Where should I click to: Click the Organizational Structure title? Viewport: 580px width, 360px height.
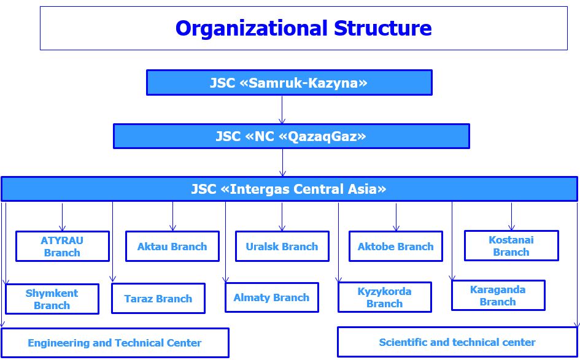[303, 28]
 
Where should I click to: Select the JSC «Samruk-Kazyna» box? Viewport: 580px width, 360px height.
[289, 82]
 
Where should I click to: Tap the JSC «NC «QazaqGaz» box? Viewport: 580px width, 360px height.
[291, 136]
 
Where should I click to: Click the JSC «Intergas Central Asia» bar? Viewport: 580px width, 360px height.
[289, 189]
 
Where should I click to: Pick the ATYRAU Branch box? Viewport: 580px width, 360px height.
[63, 246]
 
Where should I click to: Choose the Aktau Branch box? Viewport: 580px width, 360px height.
[172, 246]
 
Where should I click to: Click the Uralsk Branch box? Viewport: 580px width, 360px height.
[282, 246]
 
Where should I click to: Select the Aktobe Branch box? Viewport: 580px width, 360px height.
[396, 246]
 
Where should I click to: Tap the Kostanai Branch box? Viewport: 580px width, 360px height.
[512, 245]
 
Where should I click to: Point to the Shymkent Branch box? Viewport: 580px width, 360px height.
[52, 299]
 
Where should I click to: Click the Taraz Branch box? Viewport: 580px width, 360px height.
[158, 298]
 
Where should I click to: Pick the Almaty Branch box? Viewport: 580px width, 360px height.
[272, 297]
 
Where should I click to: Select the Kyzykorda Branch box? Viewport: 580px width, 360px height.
[385, 297]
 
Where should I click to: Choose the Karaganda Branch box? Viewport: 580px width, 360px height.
[498, 295]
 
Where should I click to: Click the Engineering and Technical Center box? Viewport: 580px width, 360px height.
[115, 343]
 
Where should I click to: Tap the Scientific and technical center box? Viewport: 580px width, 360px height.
[458, 342]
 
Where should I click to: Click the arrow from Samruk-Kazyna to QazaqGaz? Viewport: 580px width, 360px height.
[282, 110]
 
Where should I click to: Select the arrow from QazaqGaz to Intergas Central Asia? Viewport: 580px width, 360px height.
[282, 163]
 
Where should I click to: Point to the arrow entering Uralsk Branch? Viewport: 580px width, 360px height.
[282, 216]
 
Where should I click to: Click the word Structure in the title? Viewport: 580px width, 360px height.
[382, 28]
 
